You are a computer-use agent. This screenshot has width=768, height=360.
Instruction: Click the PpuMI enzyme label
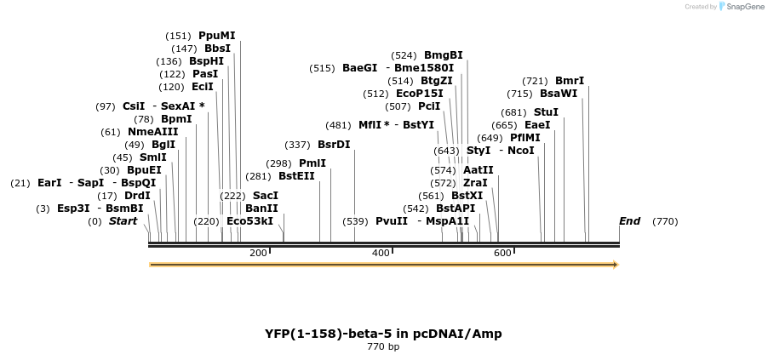click(x=216, y=36)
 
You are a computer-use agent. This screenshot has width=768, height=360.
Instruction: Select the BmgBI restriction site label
click(x=443, y=55)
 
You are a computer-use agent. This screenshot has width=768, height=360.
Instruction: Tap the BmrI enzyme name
click(x=569, y=81)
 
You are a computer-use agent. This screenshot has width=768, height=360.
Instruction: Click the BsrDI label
click(x=333, y=145)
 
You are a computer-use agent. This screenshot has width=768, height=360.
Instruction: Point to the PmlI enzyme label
click(x=312, y=163)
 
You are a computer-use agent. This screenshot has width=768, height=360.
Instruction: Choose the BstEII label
click(x=296, y=176)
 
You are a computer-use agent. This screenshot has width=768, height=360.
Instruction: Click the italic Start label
click(x=123, y=221)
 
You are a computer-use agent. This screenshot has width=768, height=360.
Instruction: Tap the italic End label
click(x=629, y=221)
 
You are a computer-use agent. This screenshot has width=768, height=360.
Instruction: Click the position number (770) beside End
click(x=665, y=221)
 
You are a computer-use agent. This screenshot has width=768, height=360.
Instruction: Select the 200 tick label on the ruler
click(x=258, y=253)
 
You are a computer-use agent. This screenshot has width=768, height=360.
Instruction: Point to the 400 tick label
click(x=381, y=253)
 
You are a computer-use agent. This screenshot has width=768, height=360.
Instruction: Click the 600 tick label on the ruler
click(x=502, y=253)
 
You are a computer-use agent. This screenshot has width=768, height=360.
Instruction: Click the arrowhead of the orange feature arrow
click(x=615, y=265)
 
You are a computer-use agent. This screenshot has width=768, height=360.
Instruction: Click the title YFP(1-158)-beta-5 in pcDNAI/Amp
click(x=383, y=333)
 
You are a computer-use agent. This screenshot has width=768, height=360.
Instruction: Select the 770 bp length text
click(x=383, y=346)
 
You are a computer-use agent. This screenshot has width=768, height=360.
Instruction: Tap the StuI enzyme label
click(x=546, y=112)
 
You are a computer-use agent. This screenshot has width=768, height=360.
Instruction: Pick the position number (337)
click(x=297, y=145)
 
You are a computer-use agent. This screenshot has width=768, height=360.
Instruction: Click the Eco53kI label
click(x=249, y=221)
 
